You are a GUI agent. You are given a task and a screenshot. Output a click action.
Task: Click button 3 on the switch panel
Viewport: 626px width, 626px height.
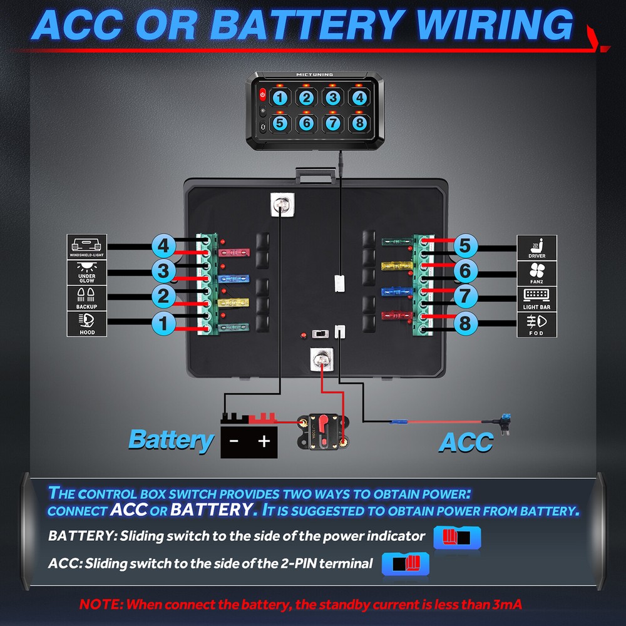(x=332, y=98)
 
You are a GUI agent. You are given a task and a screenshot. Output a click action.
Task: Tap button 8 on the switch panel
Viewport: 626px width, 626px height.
(x=359, y=123)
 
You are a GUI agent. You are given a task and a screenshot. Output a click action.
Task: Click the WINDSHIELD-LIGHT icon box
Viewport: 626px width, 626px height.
(x=87, y=247)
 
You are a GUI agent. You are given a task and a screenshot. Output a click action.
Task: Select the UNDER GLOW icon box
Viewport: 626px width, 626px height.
(x=87, y=273)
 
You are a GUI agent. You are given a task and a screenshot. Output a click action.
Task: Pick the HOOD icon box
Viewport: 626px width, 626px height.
(x=87, y=324)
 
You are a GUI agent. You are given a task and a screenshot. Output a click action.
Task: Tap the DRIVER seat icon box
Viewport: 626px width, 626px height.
(x=536, y=247)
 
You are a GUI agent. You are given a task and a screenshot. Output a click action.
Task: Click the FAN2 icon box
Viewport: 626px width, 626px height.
(x=536, y=273)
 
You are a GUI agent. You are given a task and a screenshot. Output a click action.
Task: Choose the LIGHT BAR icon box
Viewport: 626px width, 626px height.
(x=536, y=299)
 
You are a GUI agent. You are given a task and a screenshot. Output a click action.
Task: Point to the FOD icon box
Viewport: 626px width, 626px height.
(x=536, y=324)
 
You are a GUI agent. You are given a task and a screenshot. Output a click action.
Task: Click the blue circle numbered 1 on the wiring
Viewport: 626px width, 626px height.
(x=164, y=324)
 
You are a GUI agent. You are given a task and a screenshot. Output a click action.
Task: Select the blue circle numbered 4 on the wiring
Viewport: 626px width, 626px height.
(x=164, y=246)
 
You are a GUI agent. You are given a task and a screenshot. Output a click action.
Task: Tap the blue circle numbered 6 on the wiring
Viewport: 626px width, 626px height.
(x=464, y=271)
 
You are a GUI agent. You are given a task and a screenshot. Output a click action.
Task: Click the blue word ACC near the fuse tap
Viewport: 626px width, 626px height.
(x=465, y=442)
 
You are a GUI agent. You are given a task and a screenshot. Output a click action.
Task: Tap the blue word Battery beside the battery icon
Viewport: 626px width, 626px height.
(x=170, y=440)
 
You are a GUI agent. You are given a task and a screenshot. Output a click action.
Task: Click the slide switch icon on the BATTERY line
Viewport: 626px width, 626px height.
(x=456, y=537)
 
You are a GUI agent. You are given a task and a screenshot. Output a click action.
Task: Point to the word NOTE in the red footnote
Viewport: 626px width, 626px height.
(x=100, y=605)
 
